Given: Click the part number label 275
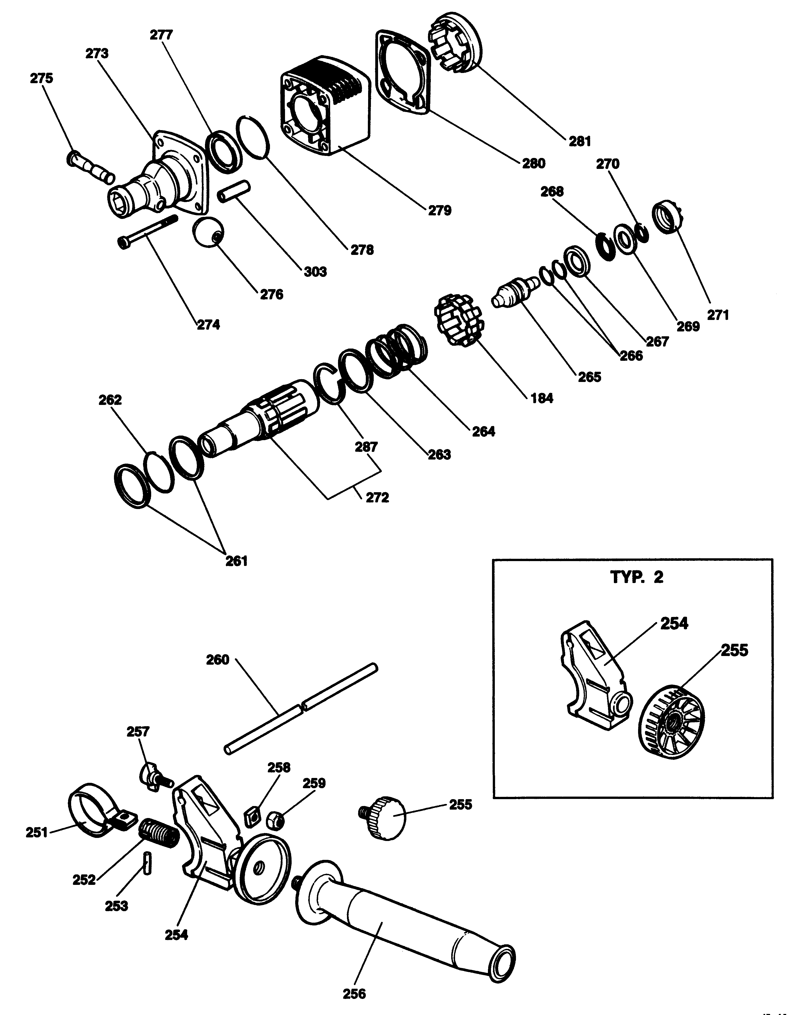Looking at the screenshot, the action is click(x=42, y=78).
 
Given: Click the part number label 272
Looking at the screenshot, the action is click(x=377, y=498).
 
